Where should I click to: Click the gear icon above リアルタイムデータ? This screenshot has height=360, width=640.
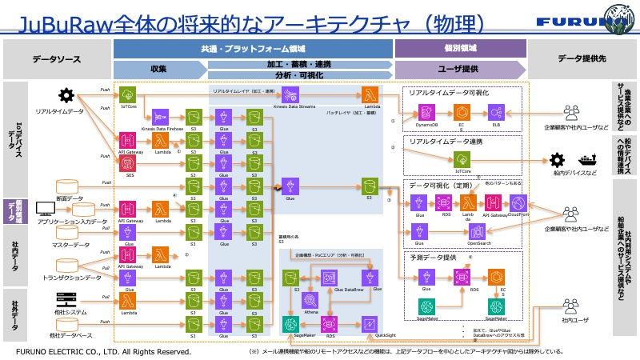[x=68, y=94]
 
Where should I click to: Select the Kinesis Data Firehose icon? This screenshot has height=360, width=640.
[x=160, y=115]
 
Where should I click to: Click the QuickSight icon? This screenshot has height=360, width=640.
[x=370, y=323]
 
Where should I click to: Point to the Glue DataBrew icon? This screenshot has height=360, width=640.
[x=328, y=277]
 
